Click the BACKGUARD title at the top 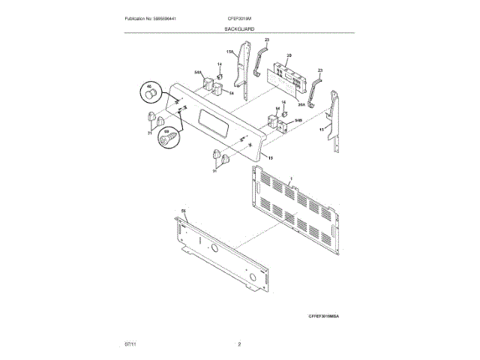[x=239, y=28]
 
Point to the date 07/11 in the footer [x=130, y=343]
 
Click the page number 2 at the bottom [x=239, y=343]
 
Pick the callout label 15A [x=231, y=52]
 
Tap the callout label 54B [x=298, y=120]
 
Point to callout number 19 [x=270, y=158]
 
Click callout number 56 [x=182, y=211]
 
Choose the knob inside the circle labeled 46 [x=151, y=96]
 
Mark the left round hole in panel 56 [x=213, y=247]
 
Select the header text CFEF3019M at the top [x=239, y=18]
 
